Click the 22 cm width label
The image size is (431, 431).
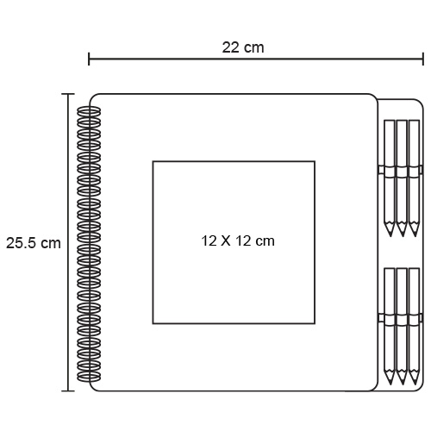pyautogui.click(x=243, y=47)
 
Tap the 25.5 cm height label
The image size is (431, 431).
pyautogui.click(x=34, y=243)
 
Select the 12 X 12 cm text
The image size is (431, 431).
pyautogui.click(x=238, y=240)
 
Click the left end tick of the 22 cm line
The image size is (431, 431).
pyautogui.click(x=89, y=59)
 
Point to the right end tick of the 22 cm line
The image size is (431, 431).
pyautogui.click(x=423, y=59)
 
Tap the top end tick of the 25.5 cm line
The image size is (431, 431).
pyautogui.click(x=68, y=94)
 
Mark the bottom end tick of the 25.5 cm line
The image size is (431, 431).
pyautogui.click(x=68, y=390)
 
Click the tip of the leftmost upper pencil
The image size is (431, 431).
pyautogui.click(x=390, y=236)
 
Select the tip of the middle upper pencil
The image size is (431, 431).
pyautogui.click(x=402, y=236)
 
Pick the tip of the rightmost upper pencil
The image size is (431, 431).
pyautogui.click(x=414, y=236)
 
